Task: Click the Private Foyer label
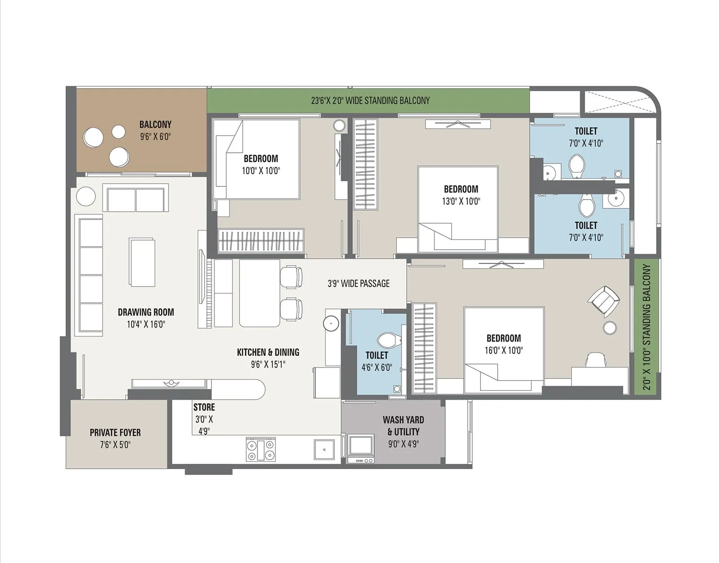[x=115, y=432]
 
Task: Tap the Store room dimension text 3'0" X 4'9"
[x=204, y=425]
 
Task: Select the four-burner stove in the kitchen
[x=261, y=449]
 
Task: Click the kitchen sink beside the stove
[x=324, y=449]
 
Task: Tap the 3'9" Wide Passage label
[x=358, y=284]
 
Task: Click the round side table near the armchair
[x=610, y=328]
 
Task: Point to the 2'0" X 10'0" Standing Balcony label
[x=646, y=327]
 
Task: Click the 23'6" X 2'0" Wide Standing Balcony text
[x=370, y=101]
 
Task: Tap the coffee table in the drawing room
[x=142, y=262]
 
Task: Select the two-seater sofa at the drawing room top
[x=136, y=199]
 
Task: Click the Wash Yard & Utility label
[x=403, y=426]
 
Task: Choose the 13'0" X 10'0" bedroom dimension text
[x=461, y=201]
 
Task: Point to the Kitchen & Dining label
[x=268, y=352]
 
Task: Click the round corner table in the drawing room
[x=85, y=196]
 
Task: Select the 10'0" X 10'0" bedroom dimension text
[x=261, y=171]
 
